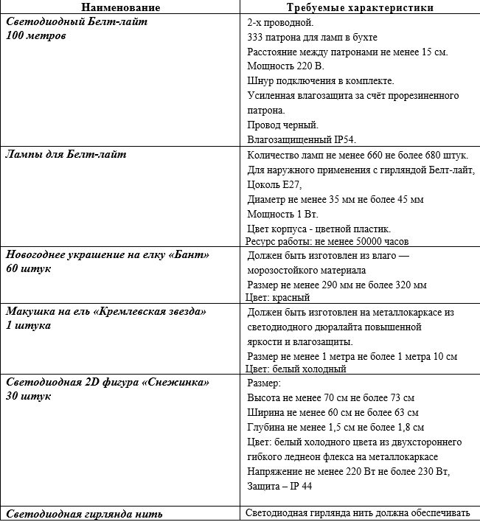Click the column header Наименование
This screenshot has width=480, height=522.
pos(119,7)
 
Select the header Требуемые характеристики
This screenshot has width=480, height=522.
pos(359,7)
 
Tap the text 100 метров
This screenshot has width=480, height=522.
pos(36,35)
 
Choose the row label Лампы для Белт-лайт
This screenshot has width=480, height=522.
pos(66,154)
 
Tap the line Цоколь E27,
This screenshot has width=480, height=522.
pos(274,184)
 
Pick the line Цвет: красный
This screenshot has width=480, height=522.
pos(277,297)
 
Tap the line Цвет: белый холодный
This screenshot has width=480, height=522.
pos(296,369)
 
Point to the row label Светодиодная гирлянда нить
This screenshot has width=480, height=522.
pos(84,514)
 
